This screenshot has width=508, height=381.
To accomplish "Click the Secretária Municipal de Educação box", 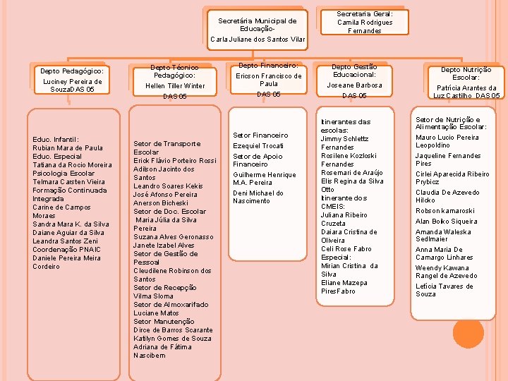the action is [258, 30].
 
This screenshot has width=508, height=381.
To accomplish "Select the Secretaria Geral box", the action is [365, 22].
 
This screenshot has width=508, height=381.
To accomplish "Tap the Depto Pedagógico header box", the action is [72, 80].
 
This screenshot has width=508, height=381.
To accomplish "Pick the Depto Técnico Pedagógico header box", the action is [175, 82].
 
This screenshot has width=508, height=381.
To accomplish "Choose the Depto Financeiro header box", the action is [269, 80].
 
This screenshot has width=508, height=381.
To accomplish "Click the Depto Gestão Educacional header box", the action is [354, 81].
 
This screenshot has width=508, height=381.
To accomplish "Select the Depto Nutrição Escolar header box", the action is [466, 83].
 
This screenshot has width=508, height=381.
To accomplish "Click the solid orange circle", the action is [468, 333].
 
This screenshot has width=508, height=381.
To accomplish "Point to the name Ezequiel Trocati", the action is [258, 146].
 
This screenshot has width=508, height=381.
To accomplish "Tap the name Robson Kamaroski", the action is [445, 211].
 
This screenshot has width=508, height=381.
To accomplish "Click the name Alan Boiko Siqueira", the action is [446, 222].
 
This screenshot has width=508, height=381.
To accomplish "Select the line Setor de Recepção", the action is [165, 288].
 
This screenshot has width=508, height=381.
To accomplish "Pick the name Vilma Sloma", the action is [153, 296].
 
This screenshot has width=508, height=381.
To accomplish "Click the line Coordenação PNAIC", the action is [66, 250].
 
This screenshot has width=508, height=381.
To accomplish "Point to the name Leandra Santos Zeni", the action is [65, 241].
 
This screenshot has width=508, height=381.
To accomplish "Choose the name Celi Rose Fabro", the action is [346, 249].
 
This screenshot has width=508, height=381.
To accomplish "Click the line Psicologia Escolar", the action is [64, 174].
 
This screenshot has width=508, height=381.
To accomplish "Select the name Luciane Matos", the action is [156, 313].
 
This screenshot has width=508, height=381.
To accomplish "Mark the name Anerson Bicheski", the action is [161, 203].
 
